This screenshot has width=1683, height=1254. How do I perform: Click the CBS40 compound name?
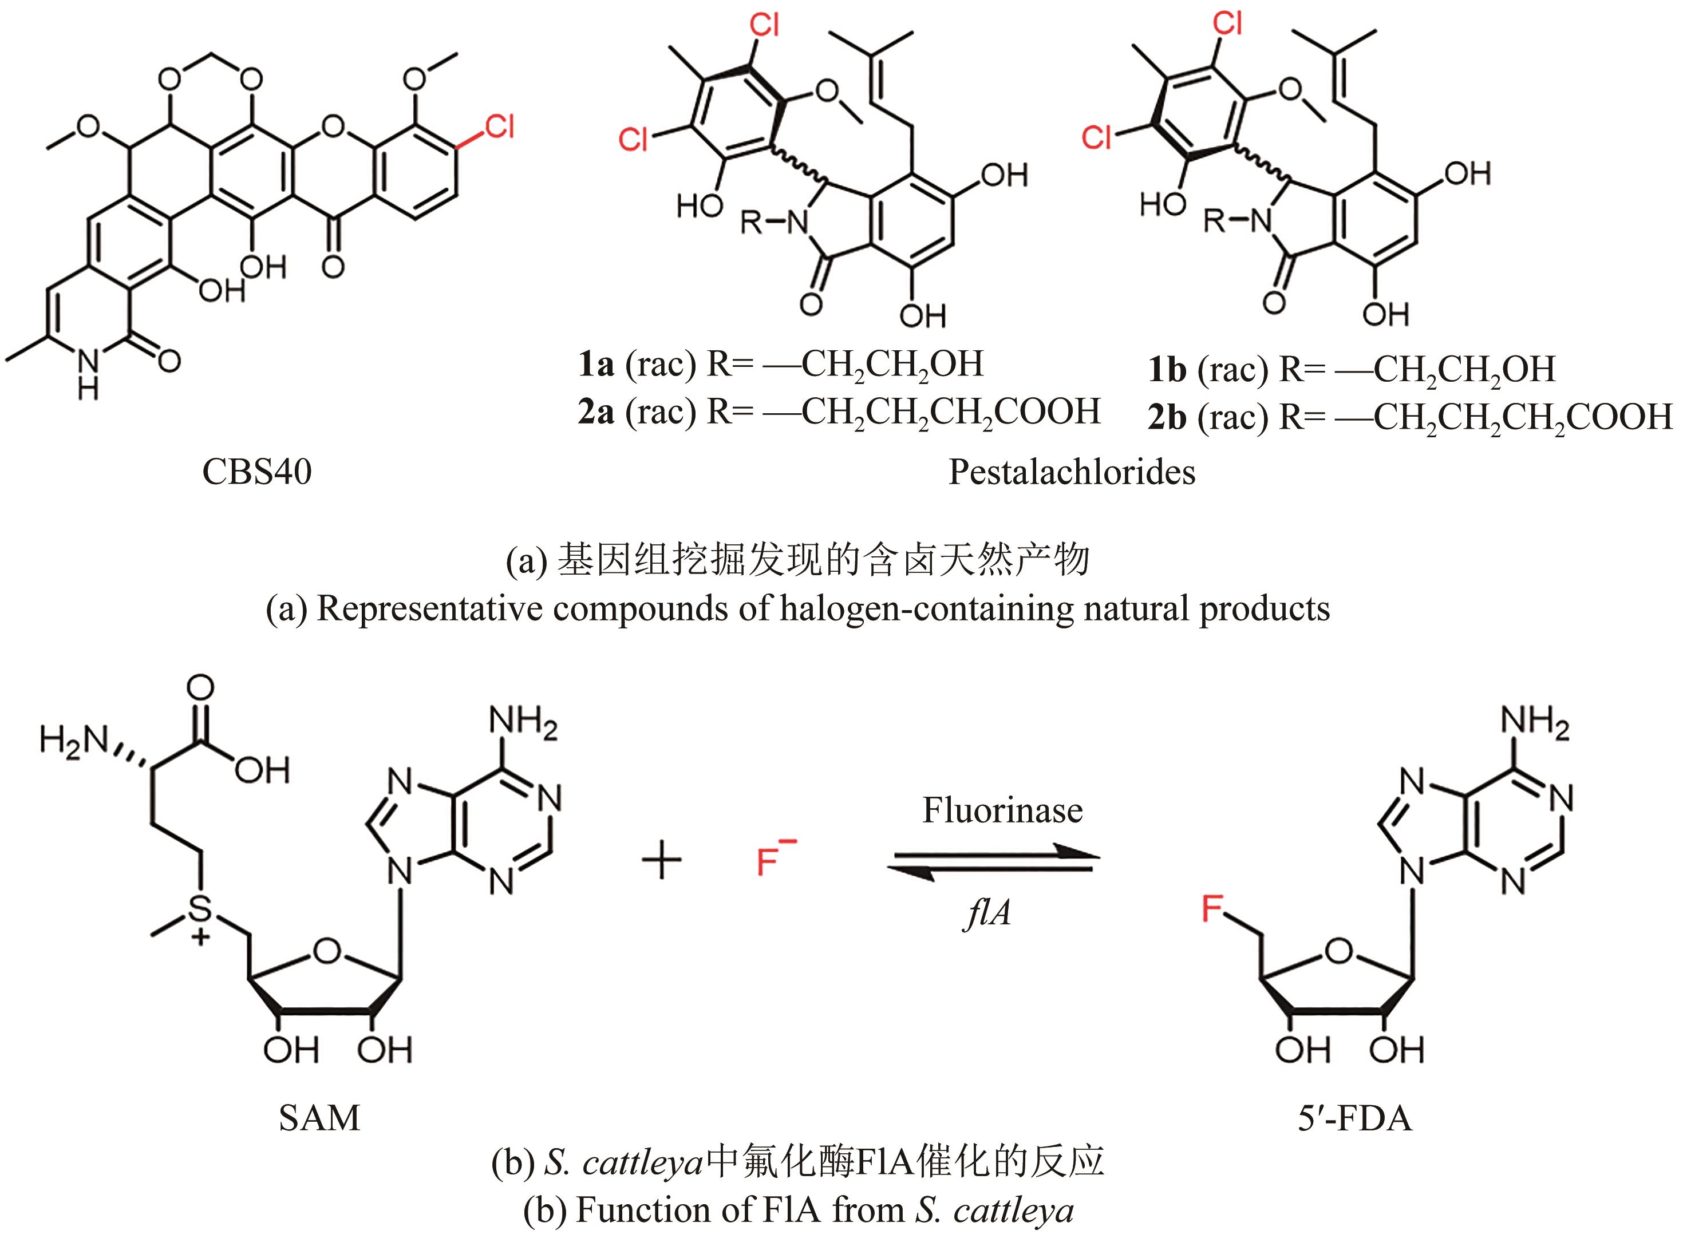(256, 472)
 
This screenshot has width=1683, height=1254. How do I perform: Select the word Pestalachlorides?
(1071, 472)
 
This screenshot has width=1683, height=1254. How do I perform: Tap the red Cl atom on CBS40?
(499, 126)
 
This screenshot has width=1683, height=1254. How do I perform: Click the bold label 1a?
(596, 365)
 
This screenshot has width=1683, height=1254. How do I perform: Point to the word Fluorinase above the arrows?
(1002, 810)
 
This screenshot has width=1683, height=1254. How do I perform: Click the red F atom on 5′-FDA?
(1212, 908)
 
